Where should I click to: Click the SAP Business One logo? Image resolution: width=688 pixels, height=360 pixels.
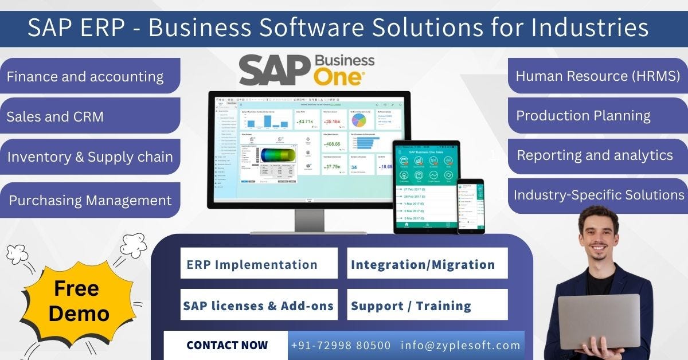(307, 69)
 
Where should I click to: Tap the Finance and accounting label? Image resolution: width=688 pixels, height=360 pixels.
(86, 76)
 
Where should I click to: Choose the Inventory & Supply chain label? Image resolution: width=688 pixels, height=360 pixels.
(90, 156)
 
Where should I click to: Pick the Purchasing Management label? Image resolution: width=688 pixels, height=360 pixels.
(90, 200)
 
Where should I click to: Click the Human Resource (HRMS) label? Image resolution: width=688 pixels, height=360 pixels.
(597, 75)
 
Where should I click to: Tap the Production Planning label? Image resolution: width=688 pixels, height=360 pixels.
(584, 115)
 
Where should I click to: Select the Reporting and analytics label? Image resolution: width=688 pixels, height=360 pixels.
(595, 155)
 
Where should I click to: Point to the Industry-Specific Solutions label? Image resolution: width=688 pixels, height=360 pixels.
(599, 195)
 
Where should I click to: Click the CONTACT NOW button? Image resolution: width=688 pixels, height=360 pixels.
(226, 345)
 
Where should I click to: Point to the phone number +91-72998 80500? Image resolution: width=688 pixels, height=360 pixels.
(341, 345)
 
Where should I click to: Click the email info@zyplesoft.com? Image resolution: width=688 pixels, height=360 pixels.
(461, 345)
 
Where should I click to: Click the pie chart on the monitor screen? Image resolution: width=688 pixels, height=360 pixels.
(359, 120)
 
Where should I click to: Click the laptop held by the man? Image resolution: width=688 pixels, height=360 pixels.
(599, 322)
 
